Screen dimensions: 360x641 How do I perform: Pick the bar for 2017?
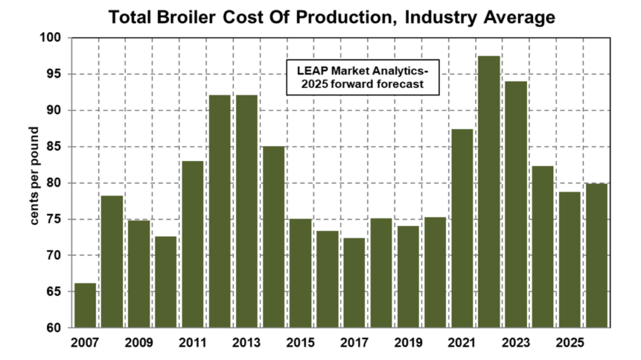click(x=354, y=282)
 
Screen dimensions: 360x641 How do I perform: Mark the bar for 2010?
click(x=166, y=282)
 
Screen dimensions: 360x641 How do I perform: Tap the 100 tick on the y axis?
click(x=53, y=38)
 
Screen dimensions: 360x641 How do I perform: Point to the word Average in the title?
click(x=521, y=18)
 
